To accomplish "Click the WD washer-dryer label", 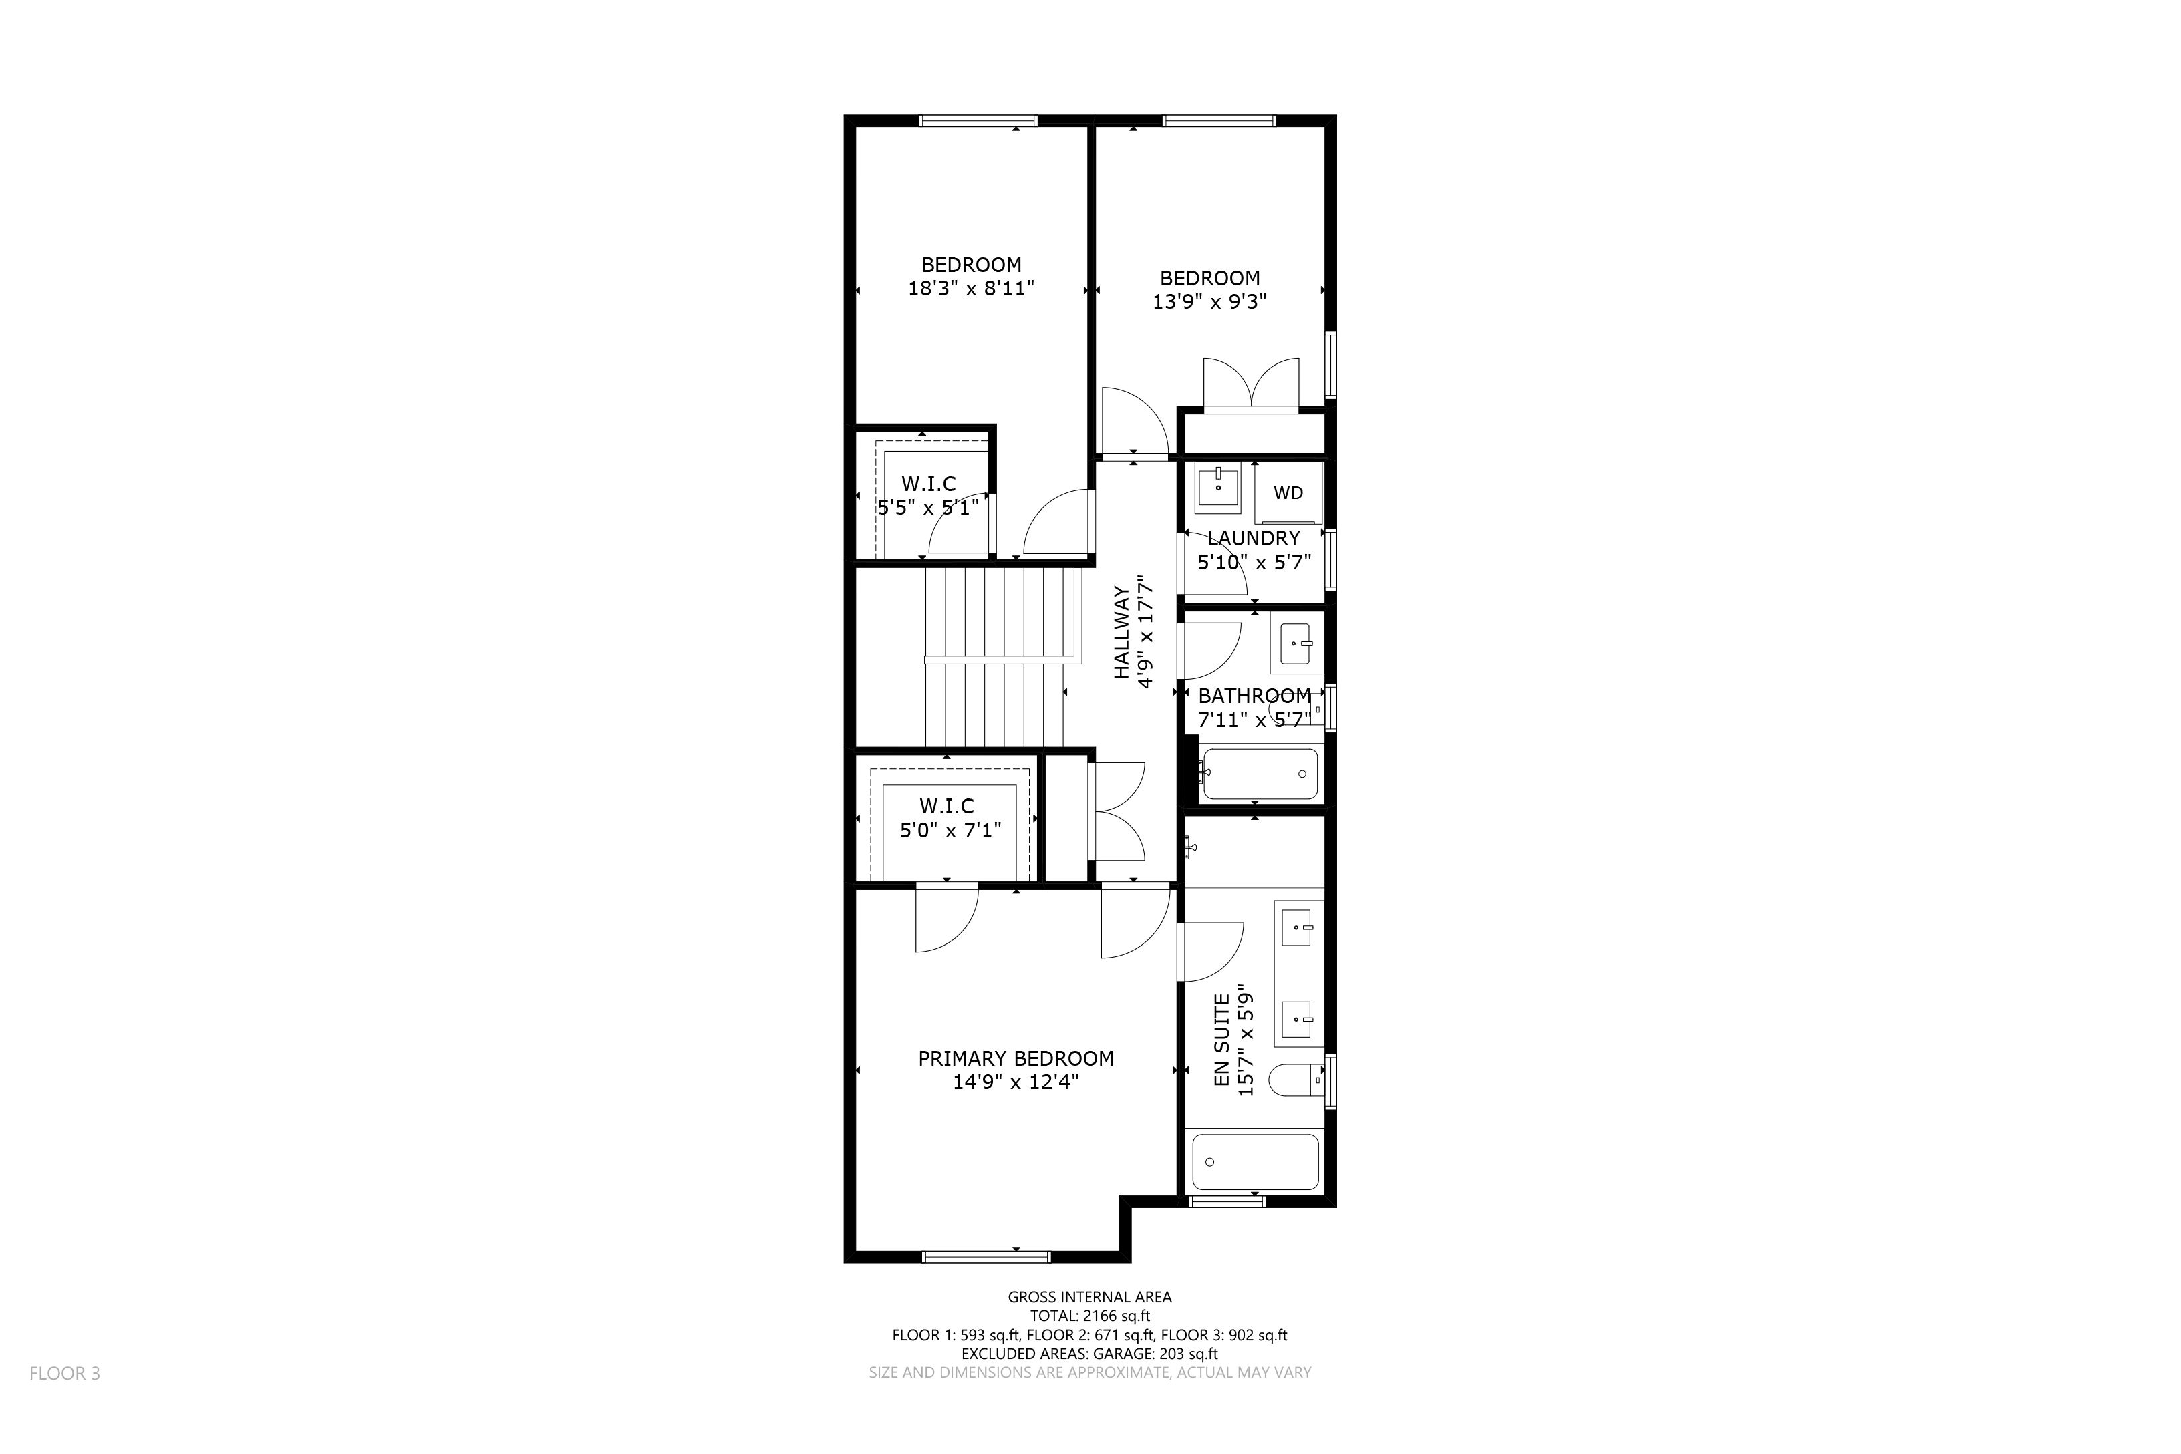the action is coord(1288,493).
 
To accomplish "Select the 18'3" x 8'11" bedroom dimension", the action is coord(971,289).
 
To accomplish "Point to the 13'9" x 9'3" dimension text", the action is coord(1209,301).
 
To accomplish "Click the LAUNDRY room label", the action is coord(1254,538).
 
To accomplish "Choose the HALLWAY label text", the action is coord(1122,631).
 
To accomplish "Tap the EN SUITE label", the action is coord(1222,1040).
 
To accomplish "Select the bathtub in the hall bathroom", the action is coord(1258,773).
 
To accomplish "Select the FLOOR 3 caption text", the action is coord(65,1373).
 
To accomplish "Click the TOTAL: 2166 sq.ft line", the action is coord(1090,1316).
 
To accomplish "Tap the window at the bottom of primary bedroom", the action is coord(987,1256).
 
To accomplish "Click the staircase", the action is coord(1004,658).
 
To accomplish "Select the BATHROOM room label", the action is coord(1255,696).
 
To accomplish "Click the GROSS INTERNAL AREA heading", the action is coord(1090,1297).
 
